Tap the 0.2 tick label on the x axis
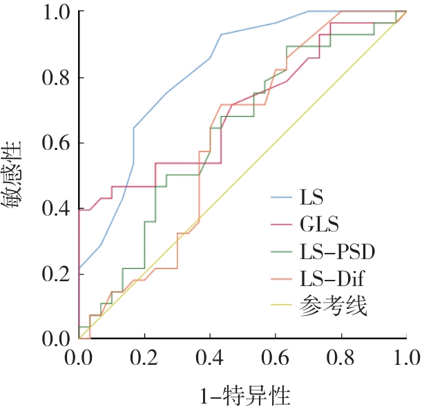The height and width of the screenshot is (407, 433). [144, 359]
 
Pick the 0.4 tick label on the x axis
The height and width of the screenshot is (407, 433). [210, 359]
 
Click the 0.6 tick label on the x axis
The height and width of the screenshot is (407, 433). [276, 359]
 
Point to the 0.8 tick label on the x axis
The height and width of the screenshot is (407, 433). [341, 359]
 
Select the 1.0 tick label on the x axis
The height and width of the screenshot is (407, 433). [405, 359]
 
